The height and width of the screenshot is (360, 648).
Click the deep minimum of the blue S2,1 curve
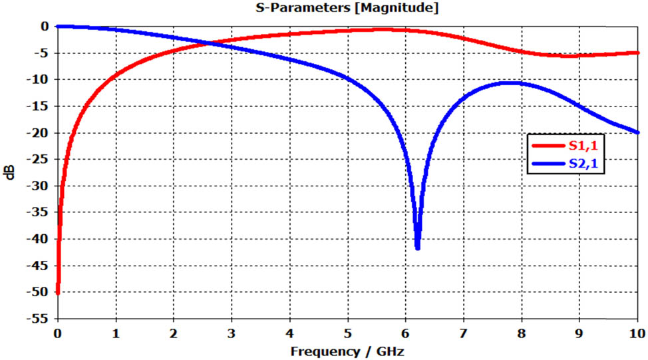[417, 248]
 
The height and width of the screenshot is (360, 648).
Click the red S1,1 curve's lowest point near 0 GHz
[58, 292]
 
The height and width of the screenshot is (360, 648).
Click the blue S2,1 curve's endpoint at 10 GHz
[637, 132]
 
